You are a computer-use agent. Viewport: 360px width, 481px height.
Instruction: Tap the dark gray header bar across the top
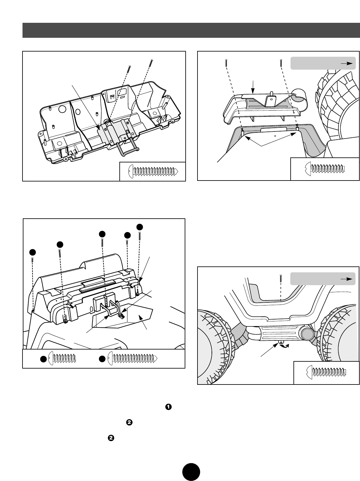(191, 30)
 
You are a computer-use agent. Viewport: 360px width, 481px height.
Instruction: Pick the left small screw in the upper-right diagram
(225, 63)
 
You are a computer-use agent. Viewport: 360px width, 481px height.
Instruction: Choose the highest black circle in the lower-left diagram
(140, 226)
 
